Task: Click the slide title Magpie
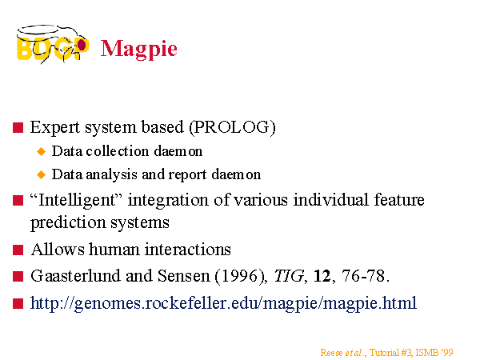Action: pos(139,49)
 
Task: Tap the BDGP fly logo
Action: pos(53,44)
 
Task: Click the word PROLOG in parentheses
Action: pos(232,126)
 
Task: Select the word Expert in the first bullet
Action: pos(55,127)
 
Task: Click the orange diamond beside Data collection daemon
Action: pos(41,151)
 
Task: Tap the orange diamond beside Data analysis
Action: pos(41,174)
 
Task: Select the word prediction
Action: pos(68,222)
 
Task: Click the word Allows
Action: pos(58,249)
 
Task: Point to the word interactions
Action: pos(188,249)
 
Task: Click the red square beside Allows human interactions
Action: pos(18,250)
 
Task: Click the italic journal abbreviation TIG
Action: pos(289,276)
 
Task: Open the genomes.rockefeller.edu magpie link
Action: pos(223,303)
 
